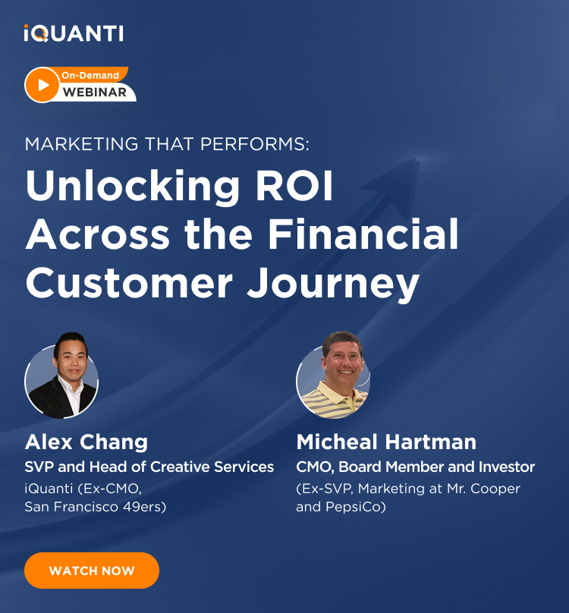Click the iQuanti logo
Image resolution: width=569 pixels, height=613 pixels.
[x=74, y=33]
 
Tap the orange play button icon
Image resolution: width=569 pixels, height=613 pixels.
[x=42, y=85]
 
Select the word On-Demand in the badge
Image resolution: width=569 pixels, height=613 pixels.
[x=90, y=75]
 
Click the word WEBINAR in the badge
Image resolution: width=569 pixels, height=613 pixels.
[x=95, y=93]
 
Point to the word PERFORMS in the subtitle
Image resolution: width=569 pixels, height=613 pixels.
[x=255, y=144]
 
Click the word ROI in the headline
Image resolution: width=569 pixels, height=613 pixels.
[x=294, y=185]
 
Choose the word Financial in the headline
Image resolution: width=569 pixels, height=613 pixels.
[x=363, y=234]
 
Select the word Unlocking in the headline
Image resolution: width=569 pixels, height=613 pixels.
[x=133, y=187]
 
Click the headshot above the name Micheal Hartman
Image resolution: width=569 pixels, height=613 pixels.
[x=333, y=376]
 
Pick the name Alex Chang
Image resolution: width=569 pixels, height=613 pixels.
[x=86, y=442]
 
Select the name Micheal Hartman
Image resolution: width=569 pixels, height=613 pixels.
[x=386, y=442]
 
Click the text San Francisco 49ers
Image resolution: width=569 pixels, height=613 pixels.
[x=94, y=507]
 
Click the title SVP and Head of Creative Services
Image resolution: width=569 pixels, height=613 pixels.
[x=149, y=467]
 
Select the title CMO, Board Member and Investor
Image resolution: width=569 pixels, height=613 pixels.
[x=415, y=467]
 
